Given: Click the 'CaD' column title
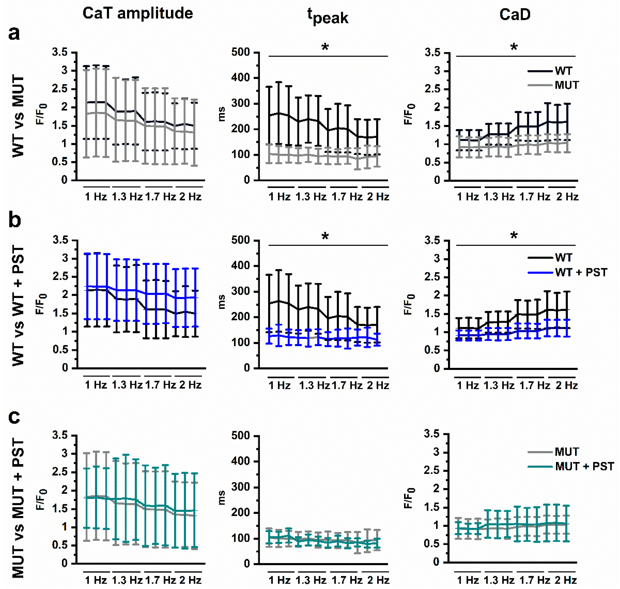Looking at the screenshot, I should point(515,14).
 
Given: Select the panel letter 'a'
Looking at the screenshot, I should point(14,33).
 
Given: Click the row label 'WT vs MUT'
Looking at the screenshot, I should point(18,116).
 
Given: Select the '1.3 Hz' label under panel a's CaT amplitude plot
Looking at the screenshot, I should point(127,197).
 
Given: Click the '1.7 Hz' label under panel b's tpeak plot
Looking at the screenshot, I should point(347,385).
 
